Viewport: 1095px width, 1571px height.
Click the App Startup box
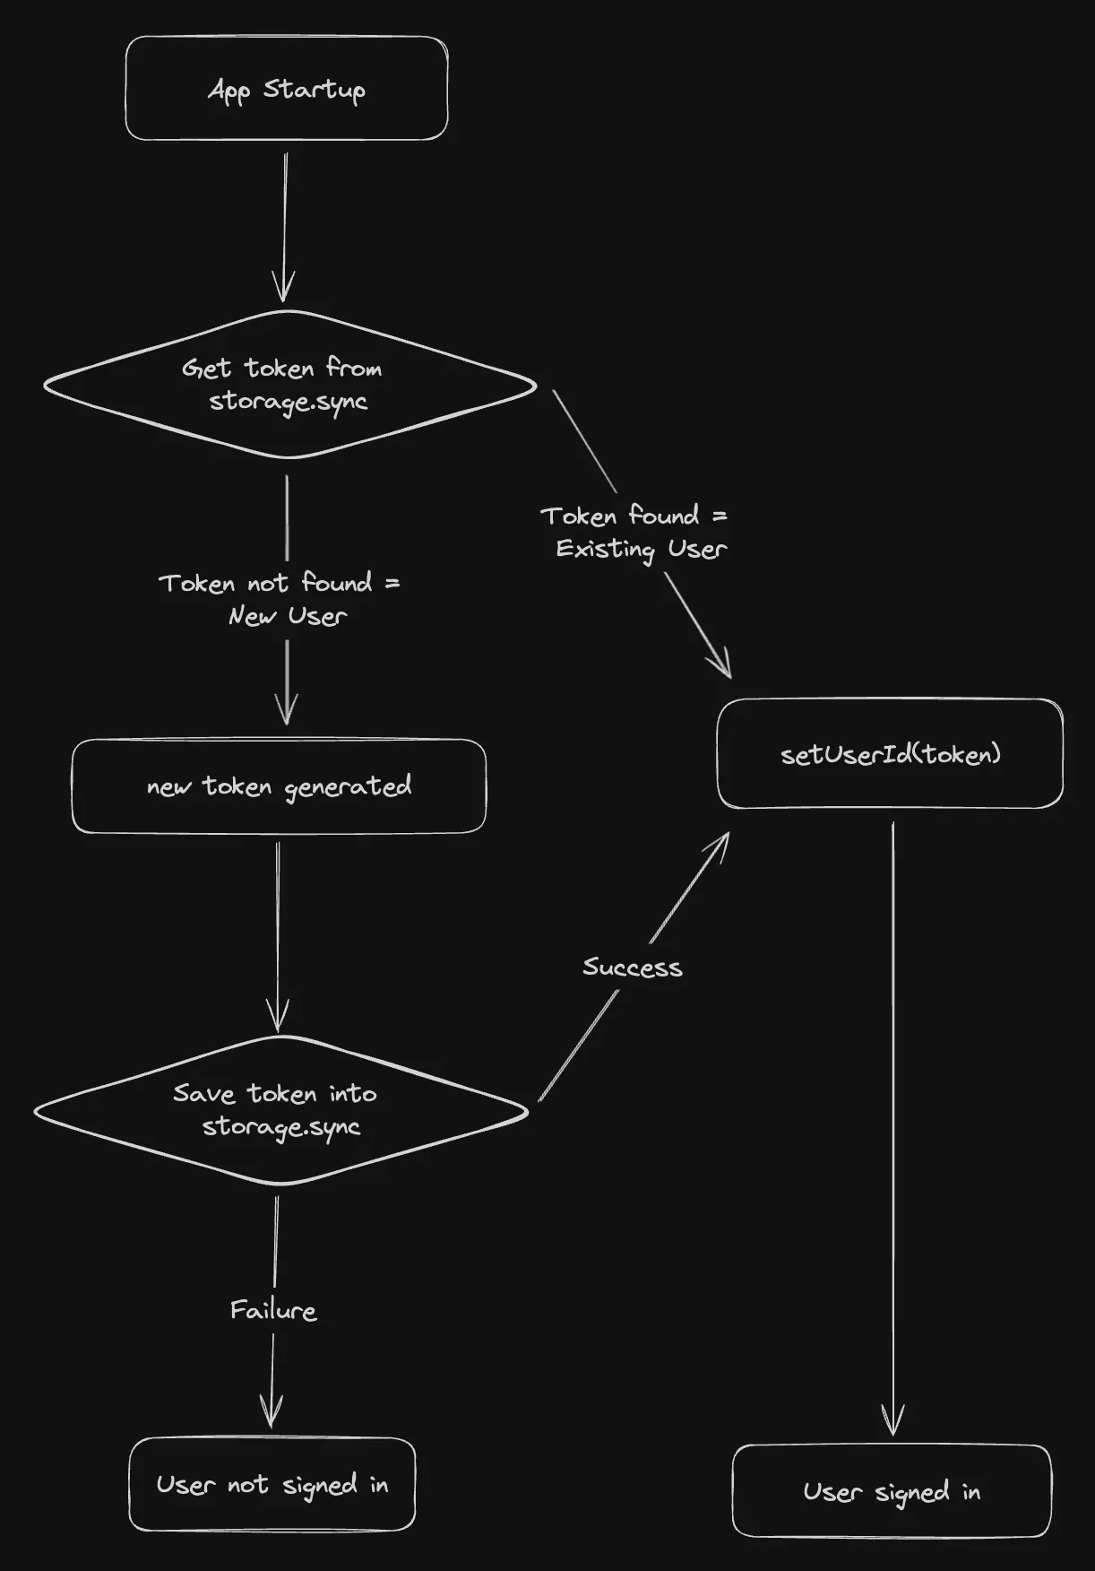(286, 88)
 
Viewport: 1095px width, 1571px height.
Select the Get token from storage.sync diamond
(289, 385)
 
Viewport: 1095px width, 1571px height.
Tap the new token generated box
(279, 786)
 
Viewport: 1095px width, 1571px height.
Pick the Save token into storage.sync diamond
(280, 1110)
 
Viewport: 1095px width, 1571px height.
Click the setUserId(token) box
(890, 753)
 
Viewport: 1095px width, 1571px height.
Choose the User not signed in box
(272, 1484)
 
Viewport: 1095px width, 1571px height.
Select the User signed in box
(892, 1491)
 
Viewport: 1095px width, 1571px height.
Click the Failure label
(273, 1310)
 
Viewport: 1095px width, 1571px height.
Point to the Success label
(632, 967)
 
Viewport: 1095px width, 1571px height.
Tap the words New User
(287, 616)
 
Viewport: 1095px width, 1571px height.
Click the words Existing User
(641, 548)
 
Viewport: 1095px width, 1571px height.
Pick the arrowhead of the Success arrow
(722, 841)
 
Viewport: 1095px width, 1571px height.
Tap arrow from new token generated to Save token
(278, 933)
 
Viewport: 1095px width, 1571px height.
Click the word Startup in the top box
(314, 90)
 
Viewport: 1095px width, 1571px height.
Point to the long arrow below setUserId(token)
(892, 1121)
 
